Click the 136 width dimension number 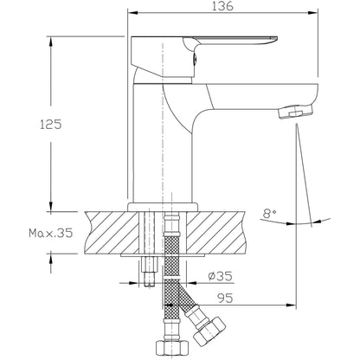pyautogui.click(x=222, y=6)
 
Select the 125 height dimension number pyautogui.click(x=51, y=125)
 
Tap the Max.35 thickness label pyautogui.click(x=51, y=233)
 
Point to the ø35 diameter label pyautogui.click(x=221, y=276)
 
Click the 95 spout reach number pyautogui.click(x=225, y=299)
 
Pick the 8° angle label pyautogui.click(x=270, y=214)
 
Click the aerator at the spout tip pyautogui.click(x=296, y=112)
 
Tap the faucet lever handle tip pyautogui.click(x=274, y=39)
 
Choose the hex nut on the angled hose pyautogui.click(x=209, y=331)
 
